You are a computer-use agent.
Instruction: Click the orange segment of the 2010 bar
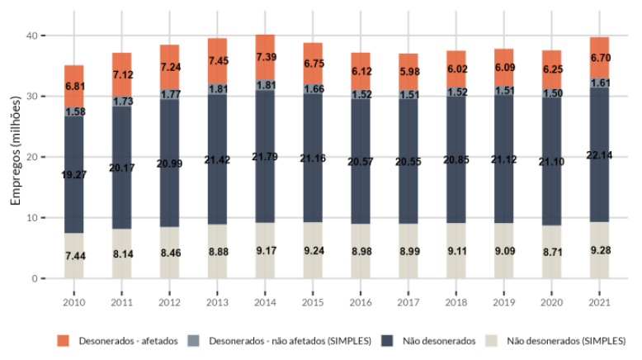pyautogui.click(x=74, y=86)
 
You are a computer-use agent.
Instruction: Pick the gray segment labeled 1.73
pyautogui.click(x=122, y=101)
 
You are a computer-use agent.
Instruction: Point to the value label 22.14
pyautogui.click(x=601, y=154)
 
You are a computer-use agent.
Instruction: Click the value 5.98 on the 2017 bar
pyautogui.click(x=409, y=76)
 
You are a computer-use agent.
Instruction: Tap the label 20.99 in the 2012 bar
pyautogui.click(x=169, y=164)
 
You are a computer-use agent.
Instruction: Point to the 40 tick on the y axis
pyautogui.click(x=31, y=36)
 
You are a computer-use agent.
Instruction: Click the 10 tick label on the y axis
pyautogui.click(x=31, y=218)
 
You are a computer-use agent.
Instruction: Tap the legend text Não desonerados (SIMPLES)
pyautogui.click(x=561, y=339)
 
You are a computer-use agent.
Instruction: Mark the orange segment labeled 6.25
pyautogui.click(x=553, y=69)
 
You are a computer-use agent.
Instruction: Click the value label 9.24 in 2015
pyautogui.click(x=313, y=249)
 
